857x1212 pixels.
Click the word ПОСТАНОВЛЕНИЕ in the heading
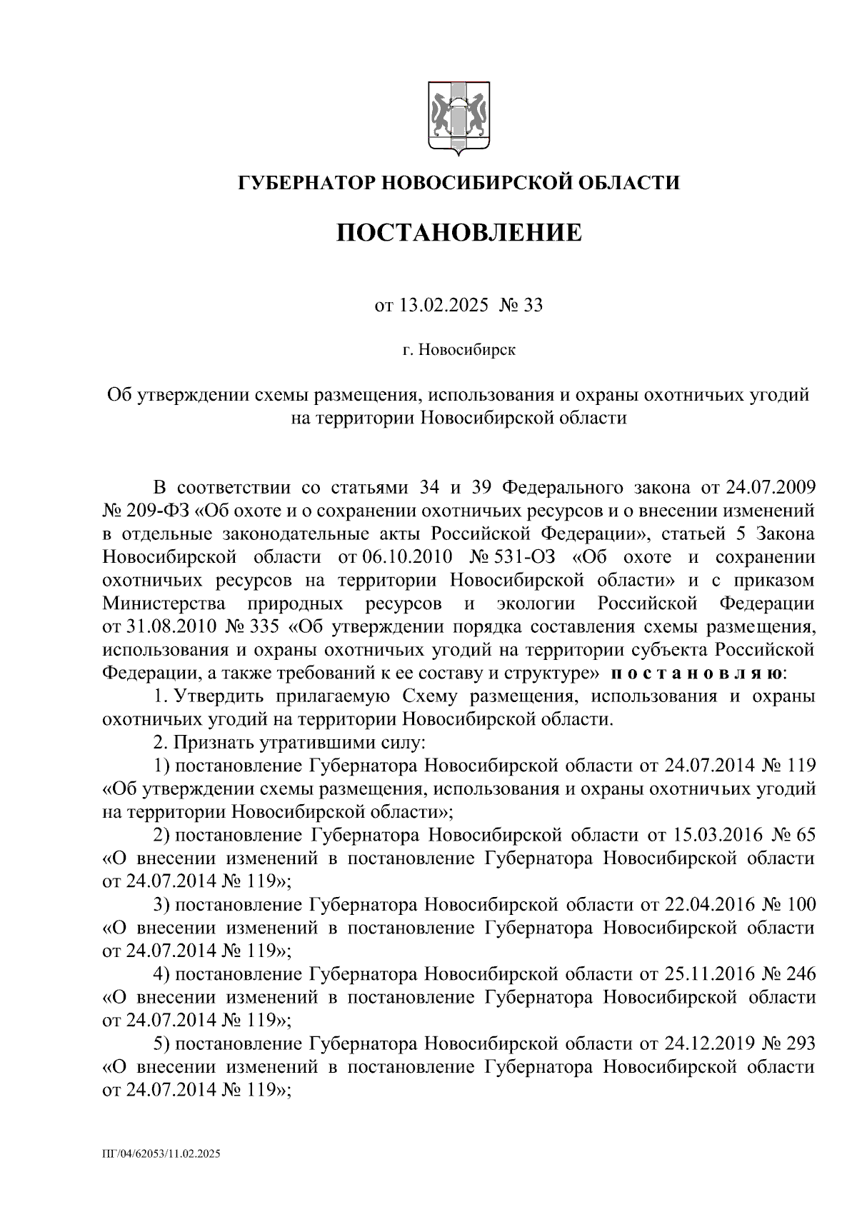pos(458,232)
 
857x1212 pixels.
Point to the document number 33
pos(533,306)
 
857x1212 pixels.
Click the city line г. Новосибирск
pos(458,350)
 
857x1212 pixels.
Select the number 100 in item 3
pos(800,905)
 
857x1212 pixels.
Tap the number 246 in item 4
pos(800,974)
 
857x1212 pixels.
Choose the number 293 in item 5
pos(800,1043)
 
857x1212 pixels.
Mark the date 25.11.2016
pos(710,974)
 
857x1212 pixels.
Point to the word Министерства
pos(165,604)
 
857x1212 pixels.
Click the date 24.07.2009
pos(770,488)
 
